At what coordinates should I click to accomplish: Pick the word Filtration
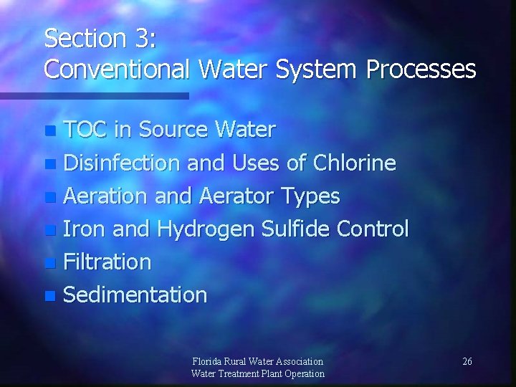[x=107, y=262]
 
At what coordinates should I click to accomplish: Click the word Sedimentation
[x=135, y=295]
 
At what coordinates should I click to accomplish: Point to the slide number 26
[x=467, y=361]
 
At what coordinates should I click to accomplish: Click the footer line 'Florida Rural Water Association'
[x=258, y=361]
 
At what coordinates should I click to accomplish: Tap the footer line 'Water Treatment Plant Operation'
[x=258, y=373]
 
